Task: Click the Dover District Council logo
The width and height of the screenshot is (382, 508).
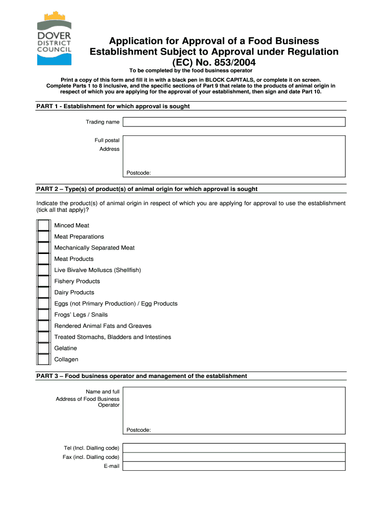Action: tap(54, 39)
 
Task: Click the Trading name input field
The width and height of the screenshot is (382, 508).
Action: tap(234, 122)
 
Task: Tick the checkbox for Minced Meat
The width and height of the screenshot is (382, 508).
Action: tap(44, 225)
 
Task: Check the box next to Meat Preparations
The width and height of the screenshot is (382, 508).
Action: tap(44, 237)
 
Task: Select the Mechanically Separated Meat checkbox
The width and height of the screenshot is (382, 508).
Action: tap(44, 248)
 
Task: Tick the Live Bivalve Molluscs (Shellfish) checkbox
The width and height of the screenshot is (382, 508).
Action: tap(44, 270)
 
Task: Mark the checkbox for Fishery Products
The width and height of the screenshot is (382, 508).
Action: tap(44, 281)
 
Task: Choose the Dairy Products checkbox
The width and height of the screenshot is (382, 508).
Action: tap(44, 292)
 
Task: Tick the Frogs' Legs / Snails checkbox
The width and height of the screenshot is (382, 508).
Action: tap(44, 315)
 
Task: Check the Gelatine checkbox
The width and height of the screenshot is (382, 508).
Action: tap(44, 348)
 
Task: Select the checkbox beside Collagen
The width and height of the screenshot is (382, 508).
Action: tap(44, 359)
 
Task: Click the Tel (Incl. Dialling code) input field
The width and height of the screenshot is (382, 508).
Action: tap(234, 448)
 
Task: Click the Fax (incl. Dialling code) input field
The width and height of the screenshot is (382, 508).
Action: tap(234, 457)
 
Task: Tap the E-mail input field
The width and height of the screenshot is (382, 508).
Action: tap(234, 466)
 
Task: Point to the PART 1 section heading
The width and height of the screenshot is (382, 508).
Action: tap(113, 106)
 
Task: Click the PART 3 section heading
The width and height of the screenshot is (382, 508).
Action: tap(141, 376)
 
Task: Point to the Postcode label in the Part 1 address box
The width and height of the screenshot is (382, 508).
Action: tap(138, 173)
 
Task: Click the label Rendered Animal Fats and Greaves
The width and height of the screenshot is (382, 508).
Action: tap(103, 326)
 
